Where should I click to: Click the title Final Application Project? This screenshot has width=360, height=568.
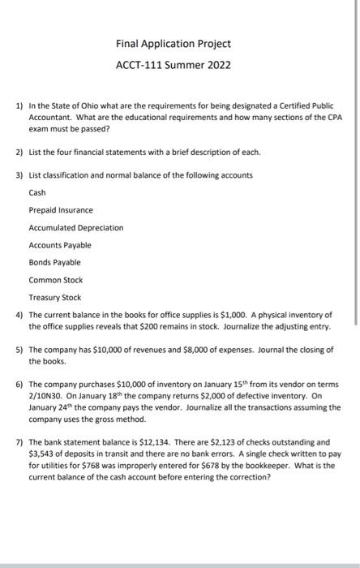pyautogui.click(x=174, y=43)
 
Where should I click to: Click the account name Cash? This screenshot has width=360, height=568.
pyautogui.click(x=37, y=192)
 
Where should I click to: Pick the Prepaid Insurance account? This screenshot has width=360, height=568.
pyautogui.click(x=61, y=210)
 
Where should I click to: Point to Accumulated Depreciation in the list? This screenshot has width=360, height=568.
pyautogui.click(x=76, y=227)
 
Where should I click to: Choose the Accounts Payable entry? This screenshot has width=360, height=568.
pyautogui.click(x=60, y=245)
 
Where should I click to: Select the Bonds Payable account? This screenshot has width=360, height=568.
pyautogui.click(x=55, y=262)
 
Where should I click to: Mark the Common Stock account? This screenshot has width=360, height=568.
pyautogui.click(x=56, y=280)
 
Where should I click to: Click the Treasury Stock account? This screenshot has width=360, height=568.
pyautogui.click(x=55, y=298)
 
